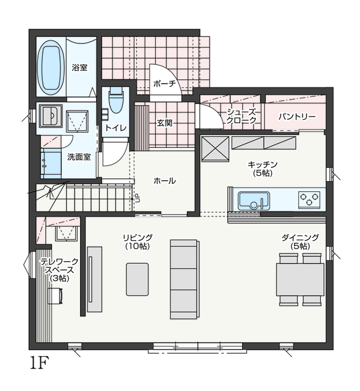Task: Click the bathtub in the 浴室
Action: pyautogui.click(x=51, y=67)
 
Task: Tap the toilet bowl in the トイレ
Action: pyautogui.click(x=116, y=102)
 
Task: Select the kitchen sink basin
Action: pyautogui.click(x=254, y=201)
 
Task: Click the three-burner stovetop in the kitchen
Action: pyautogui.click(x=310, y=199)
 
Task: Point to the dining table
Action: pyautogui.click(x=300, y=279)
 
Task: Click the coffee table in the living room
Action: pyautogui.click(x=137, y=279)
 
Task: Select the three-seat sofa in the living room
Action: pyautogui.click(x=185, y=279)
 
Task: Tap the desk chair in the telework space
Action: pyautogui.click(x=55, y=296)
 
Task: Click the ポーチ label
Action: pyautogui.click(x=164, y=84)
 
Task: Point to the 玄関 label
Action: pyautogui.click(x=164, y=123)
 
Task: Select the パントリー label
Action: pyautogui.click(x=297, y=117)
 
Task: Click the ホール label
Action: pyautogui.click(x=164, y=180)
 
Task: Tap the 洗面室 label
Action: pyautogui.click(x=79, y=157)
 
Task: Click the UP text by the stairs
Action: pyautogui.click(x=138, y=198)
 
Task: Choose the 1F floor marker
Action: pyautogui.click(x=39, y=363)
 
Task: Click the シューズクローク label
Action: pyautogui.click(x=241, y=116)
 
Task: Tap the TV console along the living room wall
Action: pyautogui.click(x=95, y=279)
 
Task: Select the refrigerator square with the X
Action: pyautogui.click(x=215, y=149)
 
